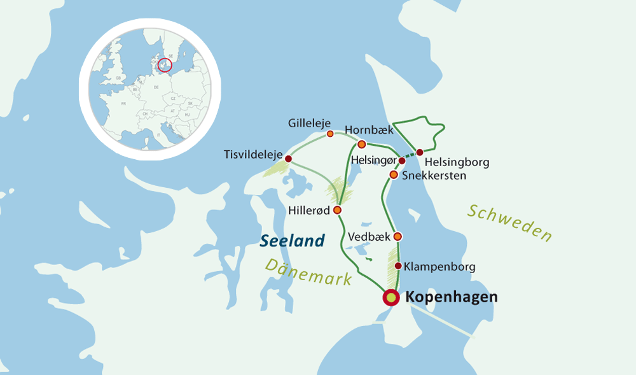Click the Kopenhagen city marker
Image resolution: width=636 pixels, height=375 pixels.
coord(391,297)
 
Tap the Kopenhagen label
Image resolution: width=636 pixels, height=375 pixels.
coord(451,297)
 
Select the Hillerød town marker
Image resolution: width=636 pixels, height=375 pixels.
coord(337,210)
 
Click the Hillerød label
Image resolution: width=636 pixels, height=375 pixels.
coord(310,210)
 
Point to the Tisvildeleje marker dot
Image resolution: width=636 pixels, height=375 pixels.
coord(288,159)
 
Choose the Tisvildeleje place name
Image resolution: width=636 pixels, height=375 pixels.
coord(253,155)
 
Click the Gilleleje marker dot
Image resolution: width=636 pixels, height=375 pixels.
coord(330,134)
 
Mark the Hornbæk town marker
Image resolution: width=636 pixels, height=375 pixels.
coord(361,144)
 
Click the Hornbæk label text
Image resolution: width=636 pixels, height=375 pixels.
coord(369,130)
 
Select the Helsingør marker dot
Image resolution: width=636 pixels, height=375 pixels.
coord(401,160)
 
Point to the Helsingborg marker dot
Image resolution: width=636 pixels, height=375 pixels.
coord(420,152)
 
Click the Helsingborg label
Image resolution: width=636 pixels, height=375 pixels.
coord(457,162)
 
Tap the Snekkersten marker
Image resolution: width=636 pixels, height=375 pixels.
coord(394,174)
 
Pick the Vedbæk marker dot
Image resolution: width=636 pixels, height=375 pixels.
coord(397,237)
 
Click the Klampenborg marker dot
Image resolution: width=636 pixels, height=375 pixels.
coord(398,265)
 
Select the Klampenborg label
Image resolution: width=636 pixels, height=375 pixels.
coord(439,267)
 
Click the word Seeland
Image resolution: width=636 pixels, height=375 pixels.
coord(293,241)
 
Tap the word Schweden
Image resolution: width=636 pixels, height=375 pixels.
coord(509,223)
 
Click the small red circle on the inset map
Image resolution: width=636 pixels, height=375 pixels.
coord(164,65)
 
